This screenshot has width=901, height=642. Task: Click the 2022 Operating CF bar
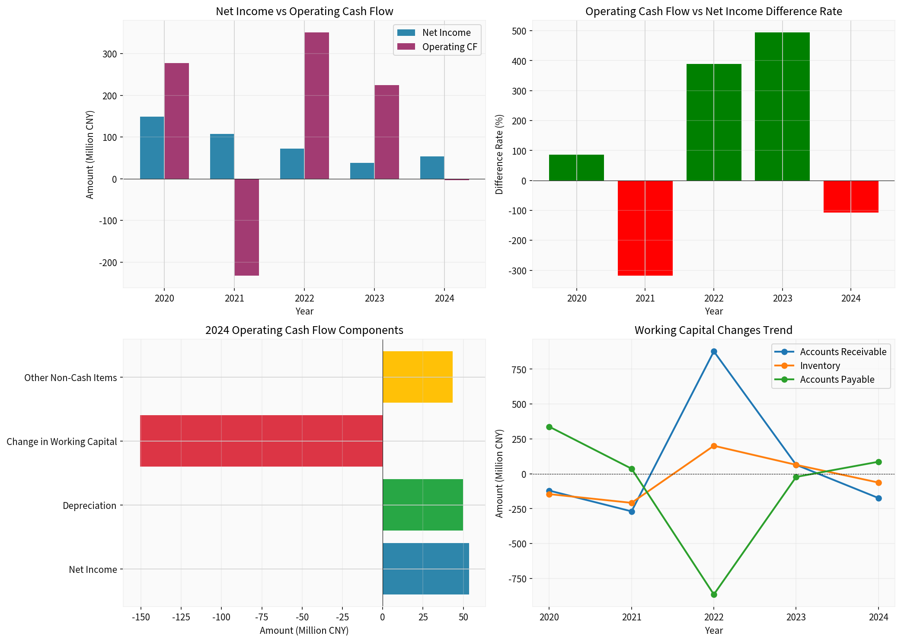[316, 105]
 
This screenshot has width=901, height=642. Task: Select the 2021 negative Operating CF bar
[246, 227]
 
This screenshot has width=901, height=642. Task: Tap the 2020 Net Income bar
[152, 148]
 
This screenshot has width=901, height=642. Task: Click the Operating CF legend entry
[449, 47]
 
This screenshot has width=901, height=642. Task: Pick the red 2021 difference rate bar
[645, 228]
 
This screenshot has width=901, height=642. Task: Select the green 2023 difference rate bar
[782, 106]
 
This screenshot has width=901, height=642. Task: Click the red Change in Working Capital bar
[261, 441]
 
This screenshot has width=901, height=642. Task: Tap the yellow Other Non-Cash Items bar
[417, 377]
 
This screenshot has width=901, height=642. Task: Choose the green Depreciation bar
[422, 505]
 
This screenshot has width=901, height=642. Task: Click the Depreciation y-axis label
[89, 505]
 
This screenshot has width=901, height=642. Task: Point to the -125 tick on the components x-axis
[181, 617]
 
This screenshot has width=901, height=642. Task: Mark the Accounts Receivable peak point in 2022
[714, 352]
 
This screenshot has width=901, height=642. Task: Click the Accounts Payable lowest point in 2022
[714, 594]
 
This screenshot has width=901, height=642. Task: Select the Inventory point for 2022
[714, 446]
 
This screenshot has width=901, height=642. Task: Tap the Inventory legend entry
[819, 365]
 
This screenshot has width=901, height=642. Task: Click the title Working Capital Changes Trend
[713, 330]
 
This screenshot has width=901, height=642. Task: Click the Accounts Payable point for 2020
[549, 427]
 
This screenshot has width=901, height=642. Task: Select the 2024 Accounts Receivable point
[879, 498]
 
